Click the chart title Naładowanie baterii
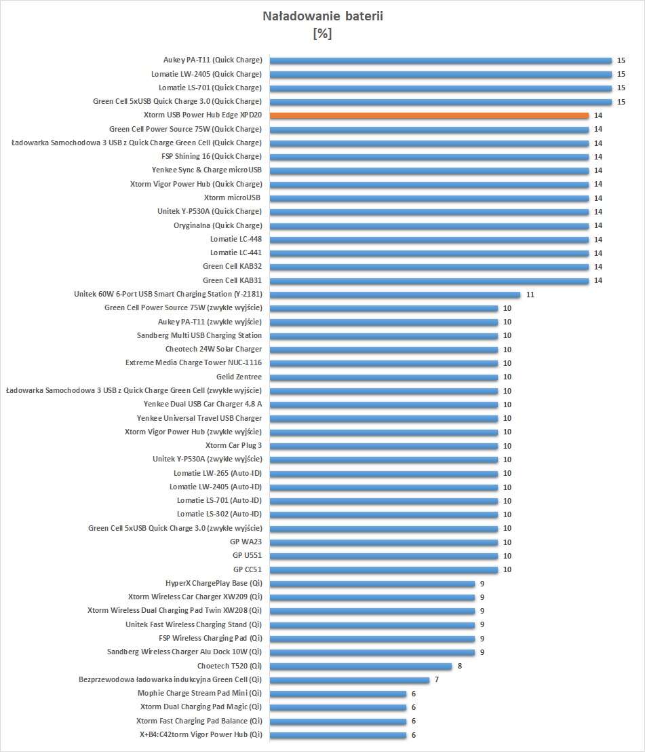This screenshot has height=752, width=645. pos(322,17)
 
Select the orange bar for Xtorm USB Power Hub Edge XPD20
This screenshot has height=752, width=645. pos(429,115)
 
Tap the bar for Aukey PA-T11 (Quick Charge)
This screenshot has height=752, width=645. pos(441,60)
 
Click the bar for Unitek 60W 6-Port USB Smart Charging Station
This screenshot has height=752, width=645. pos(395,295)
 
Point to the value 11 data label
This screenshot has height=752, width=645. pos(530,295)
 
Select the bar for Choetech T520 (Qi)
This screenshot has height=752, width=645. pos(361,666)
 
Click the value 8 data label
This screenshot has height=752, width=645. pos(460,666)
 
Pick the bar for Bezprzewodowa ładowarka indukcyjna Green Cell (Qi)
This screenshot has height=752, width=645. pos(349,680)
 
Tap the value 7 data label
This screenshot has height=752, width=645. pos(437,680)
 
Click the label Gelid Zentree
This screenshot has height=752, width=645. pos(239,377)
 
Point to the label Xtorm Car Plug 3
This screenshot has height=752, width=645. pos(233,446)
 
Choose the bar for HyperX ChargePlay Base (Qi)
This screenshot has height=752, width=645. pos(372,584)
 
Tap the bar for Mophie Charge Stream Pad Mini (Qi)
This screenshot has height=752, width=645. pos(338,694)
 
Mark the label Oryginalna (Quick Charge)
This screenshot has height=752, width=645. pos(217,225)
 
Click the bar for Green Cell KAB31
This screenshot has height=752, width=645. pos(429,280)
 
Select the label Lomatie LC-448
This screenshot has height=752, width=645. pos(235,239)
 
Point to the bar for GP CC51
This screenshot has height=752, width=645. pos(383,569)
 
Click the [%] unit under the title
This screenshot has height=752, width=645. pos(322,33)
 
